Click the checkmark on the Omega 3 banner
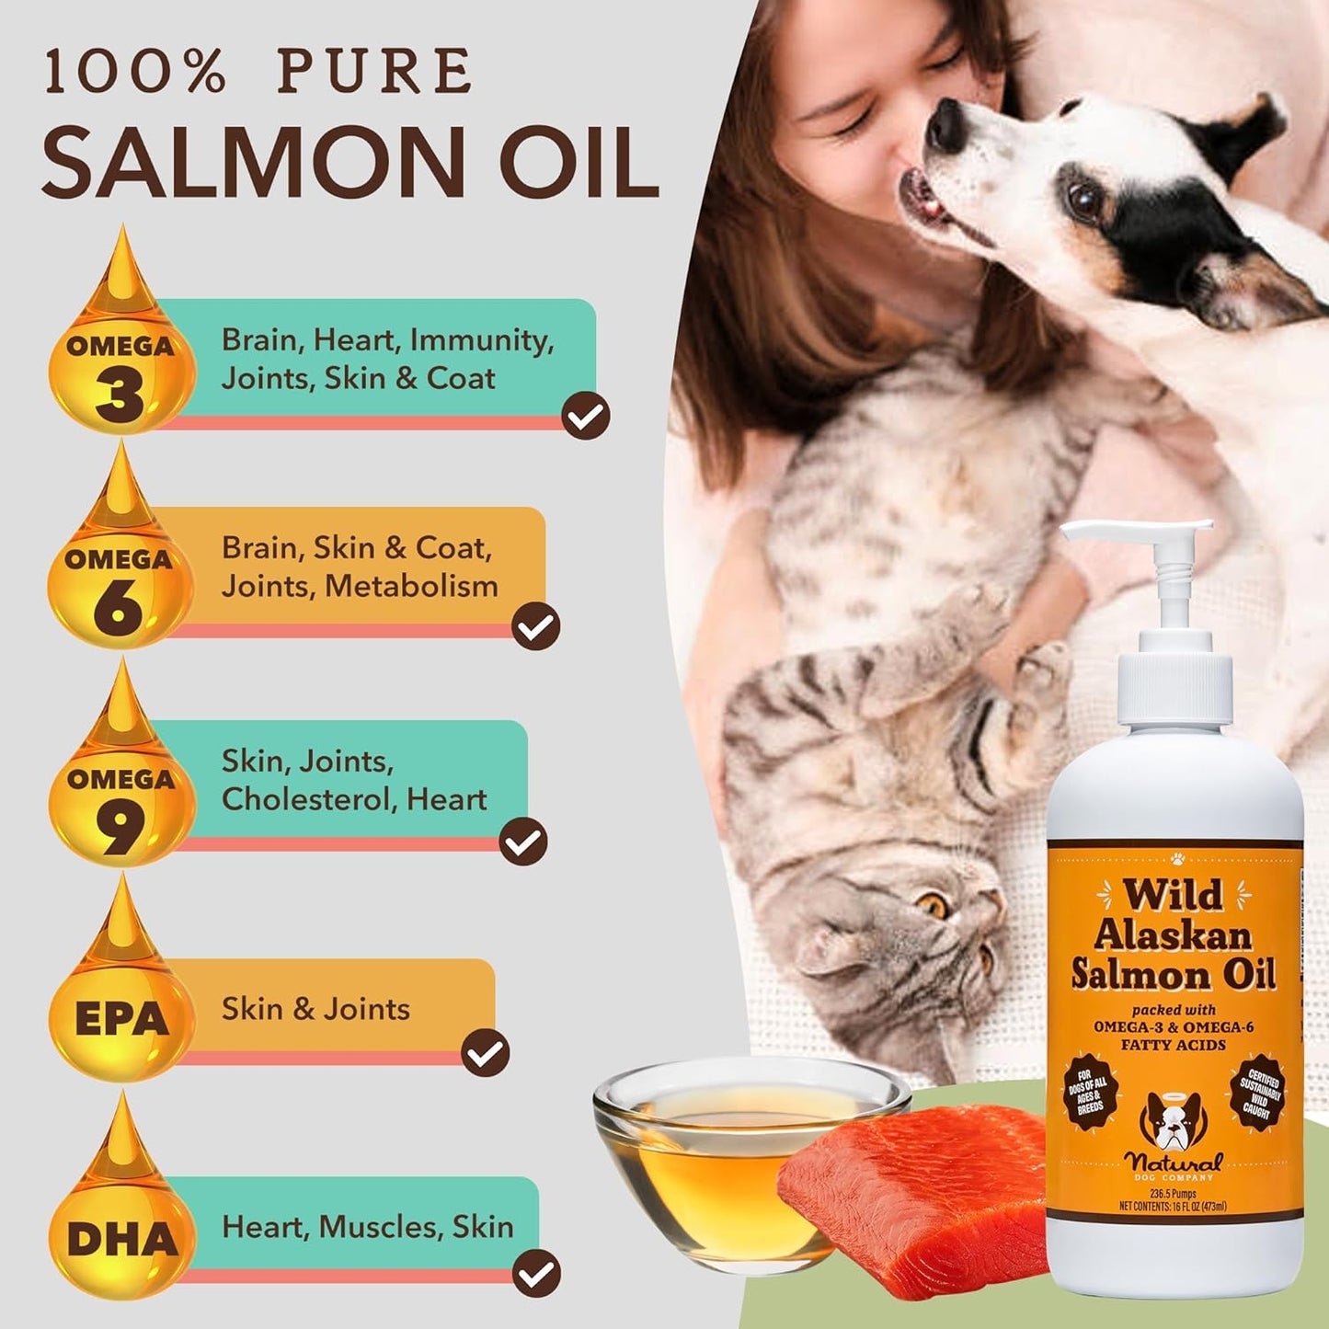click(586, 416)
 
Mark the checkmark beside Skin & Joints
click(485, 1053)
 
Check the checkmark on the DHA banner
click(536, 1274)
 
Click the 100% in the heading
click(134, 72)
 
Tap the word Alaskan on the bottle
click(1173, 934)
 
